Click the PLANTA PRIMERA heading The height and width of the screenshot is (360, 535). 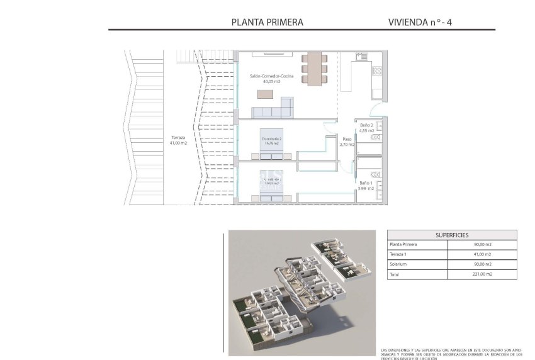[x=267, y=22]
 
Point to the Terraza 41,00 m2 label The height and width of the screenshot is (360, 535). [x=178, y=140]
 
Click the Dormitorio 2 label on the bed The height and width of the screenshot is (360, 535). [x=271, y=140]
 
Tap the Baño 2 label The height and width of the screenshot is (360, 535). [x=367, y=128]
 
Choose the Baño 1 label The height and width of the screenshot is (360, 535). [x=367, y=185]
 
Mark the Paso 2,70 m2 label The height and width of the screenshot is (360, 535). [x=347, y=142]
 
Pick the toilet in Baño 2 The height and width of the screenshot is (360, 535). [x=376, y=137]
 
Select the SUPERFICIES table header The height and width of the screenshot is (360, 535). [x=451, y=234]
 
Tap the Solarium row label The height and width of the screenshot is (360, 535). [x=399, y=264]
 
